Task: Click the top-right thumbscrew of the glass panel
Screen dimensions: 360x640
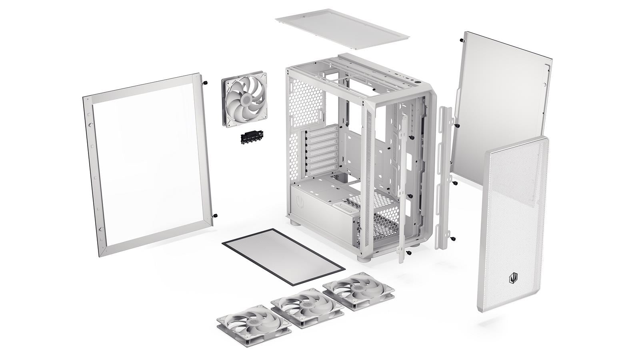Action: (206, 83)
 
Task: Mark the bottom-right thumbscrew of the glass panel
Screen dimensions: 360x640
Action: (216, 215)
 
